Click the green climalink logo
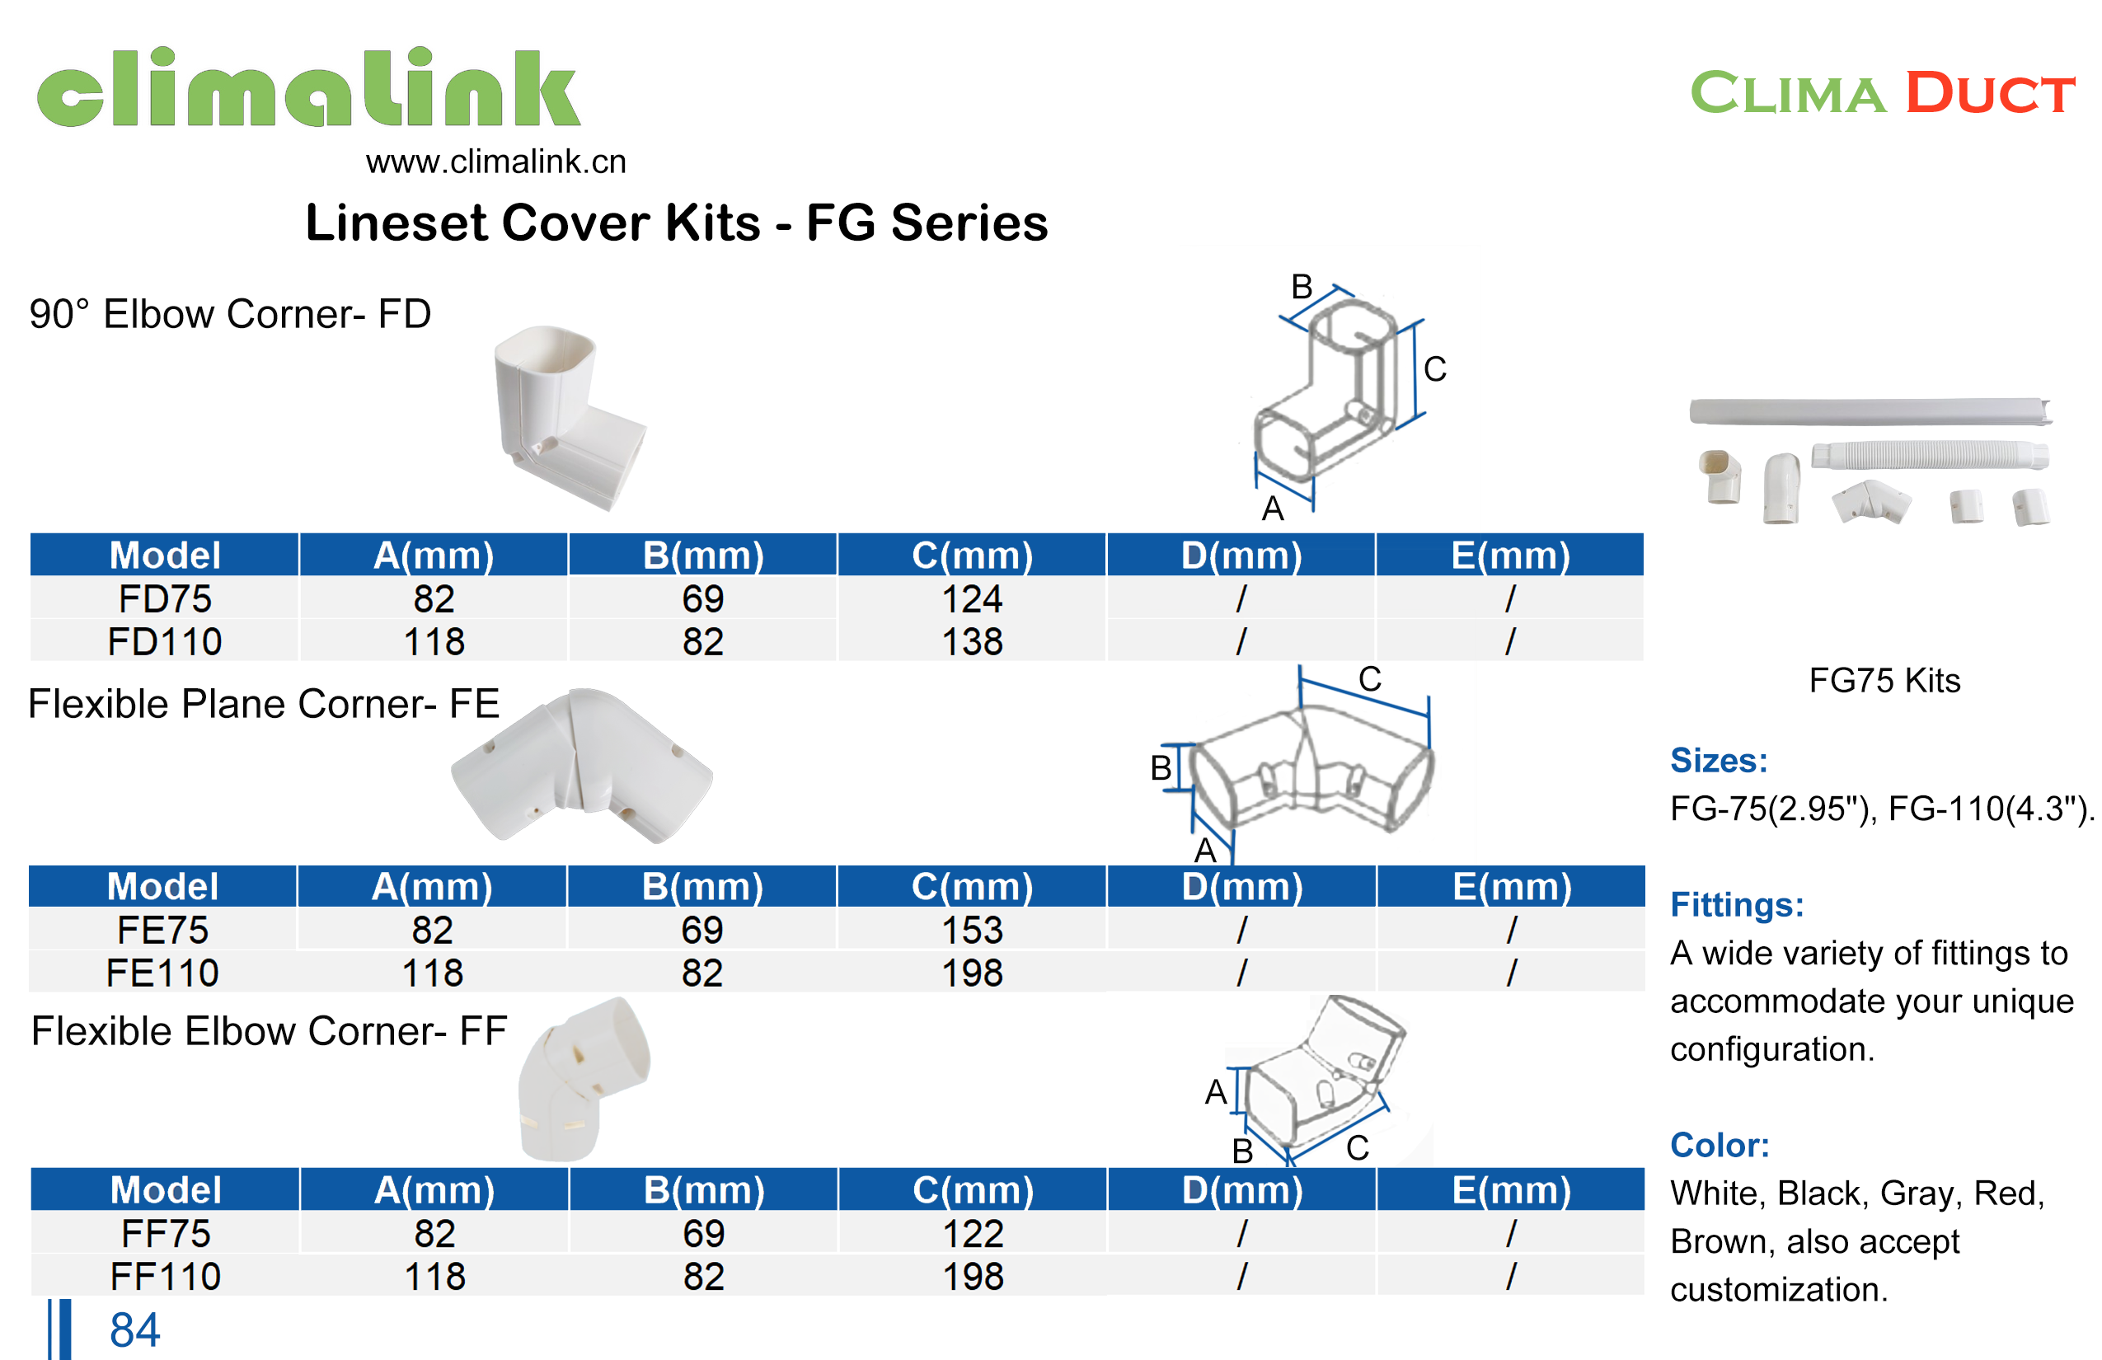[307, 88]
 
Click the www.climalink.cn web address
[495, 162]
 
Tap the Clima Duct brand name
[1881, 92]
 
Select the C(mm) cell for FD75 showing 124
[972, 598]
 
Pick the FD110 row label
[164, 641]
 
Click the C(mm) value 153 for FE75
[972, 930]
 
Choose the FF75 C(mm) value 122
[973, 1233]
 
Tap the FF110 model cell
[165, 1276]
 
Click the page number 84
[134, 1330]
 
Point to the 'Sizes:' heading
[1718, 760]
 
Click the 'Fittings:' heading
[1736, 904]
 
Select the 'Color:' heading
[1719, 1145]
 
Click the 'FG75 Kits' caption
[1884, 680]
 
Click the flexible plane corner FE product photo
[580, 765]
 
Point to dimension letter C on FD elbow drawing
[1434, 369]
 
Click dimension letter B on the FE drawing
[1161, 768]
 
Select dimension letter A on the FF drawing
[1215, 1092]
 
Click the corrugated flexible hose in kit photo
[1929, 456]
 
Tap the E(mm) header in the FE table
[1511, 887]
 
